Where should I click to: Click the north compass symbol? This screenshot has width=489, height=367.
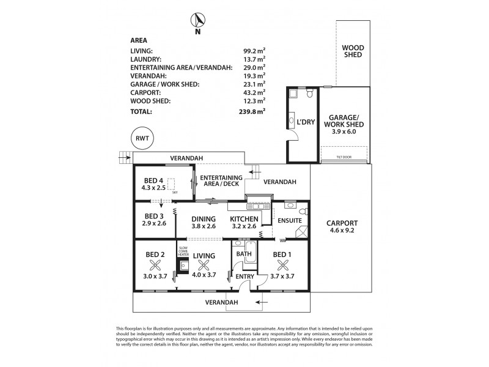tap(198, 20)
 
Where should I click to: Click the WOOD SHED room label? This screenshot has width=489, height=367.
tap(352, 51)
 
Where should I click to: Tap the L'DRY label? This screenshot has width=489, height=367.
tap(305, 122)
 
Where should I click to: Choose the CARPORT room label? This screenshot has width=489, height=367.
tap(342, 223)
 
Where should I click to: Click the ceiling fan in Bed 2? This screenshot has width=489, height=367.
tap(155, 265)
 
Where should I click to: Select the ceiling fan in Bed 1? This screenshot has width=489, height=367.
tap(283, 265)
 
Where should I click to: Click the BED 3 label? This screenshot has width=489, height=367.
tap(155, 216)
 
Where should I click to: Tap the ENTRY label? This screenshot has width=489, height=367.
tap(245, 276)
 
